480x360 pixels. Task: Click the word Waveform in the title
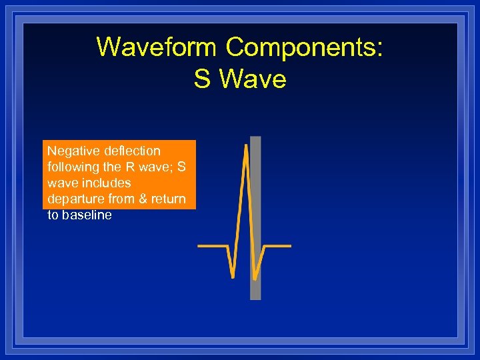click(157, 47)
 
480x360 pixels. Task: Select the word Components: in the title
click(304, 47)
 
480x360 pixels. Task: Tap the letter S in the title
click(202, 79)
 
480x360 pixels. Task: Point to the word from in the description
click(119, 199)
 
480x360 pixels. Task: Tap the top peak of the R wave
click(245, 145)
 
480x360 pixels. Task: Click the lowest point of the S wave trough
click(255, 278)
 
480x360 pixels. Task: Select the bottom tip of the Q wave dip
click(232, 276)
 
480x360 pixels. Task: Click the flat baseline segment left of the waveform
click(212, 246)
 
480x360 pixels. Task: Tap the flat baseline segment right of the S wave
click(279, 246)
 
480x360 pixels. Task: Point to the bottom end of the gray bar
click(255, 297)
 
